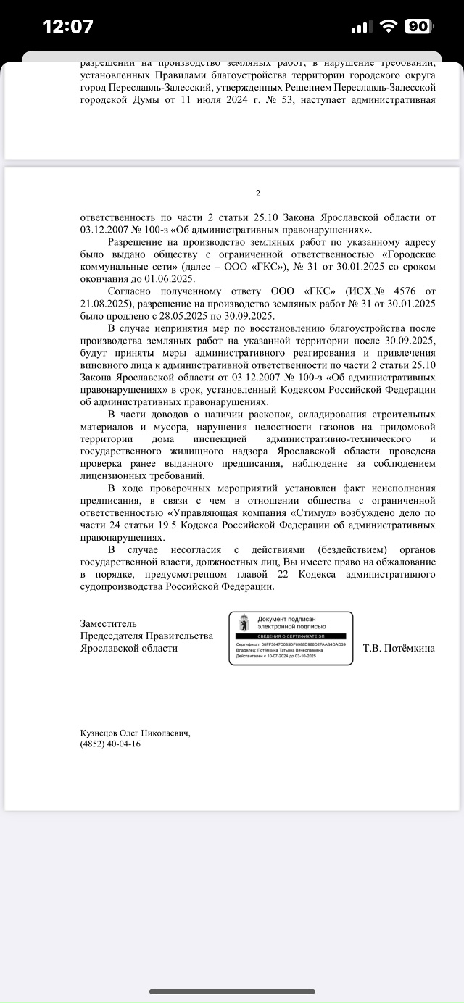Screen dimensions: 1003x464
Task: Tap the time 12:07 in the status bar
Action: [x=68, y=27]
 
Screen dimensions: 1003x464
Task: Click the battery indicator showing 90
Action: [x=417, y=27]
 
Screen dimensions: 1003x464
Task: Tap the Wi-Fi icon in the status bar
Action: [x=389, y=27]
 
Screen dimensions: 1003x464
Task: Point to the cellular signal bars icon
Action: [x=361, y=28]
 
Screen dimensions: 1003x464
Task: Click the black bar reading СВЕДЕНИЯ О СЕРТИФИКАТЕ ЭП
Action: [x=291, y=635]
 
